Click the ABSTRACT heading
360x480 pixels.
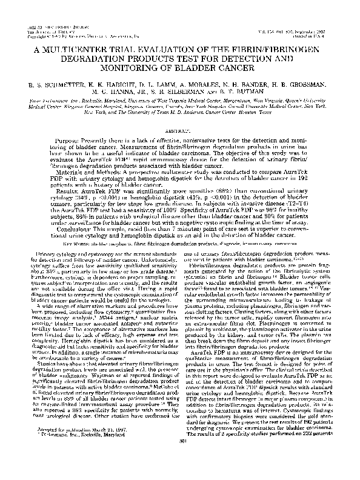pyautogui.click(x=179, y=130)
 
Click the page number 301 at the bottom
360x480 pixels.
pyautogui.click(x=180, y=465)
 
